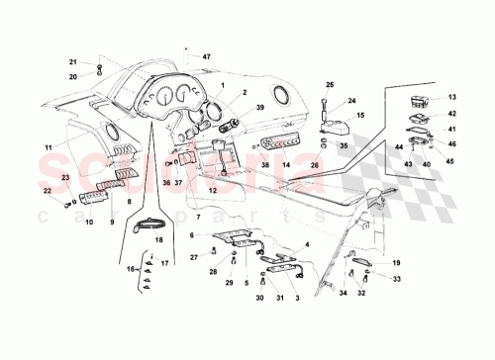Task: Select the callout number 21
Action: [x=72, y=62]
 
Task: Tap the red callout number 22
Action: [x=46, y=191]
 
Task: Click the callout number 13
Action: [x=450, y=97]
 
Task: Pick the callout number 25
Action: [x=330, y=85]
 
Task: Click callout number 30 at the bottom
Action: [x=259, y=298]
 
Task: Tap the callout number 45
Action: [x=450, y=161]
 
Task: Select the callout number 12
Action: [x=211, y=190]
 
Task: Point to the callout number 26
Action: [x=315, y=165]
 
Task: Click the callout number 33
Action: [x=396, y=280]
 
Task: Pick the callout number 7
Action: [x=197, y=216]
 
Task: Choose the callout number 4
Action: [x=307, y=243]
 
